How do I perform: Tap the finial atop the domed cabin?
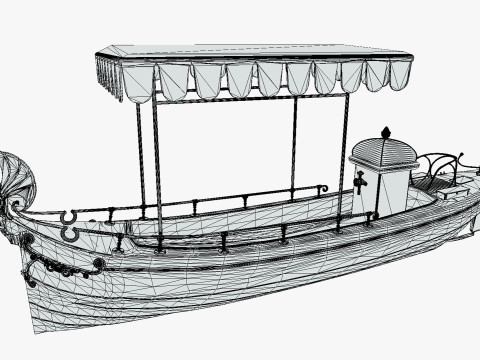[x=386, y=132]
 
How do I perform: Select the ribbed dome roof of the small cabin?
[x=383, y=152]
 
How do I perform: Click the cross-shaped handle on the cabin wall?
[x=360, y=181]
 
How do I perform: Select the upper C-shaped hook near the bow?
[x=68, y=216]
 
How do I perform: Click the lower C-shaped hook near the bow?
[x=70, y=234]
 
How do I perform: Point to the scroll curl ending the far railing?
[x=322, y=188]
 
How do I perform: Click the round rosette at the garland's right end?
[x=98, y=264]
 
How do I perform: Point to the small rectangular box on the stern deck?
[x=452, y=192]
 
